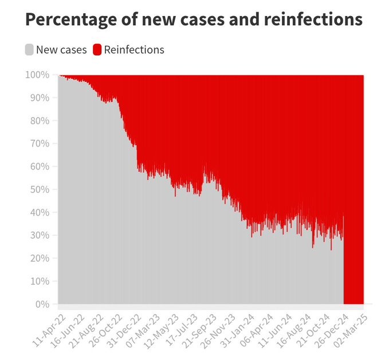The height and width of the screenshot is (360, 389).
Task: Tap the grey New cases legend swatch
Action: click(29, 50)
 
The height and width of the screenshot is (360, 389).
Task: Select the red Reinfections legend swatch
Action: click(97, 50)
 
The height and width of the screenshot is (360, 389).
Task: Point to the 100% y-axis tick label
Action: click(38, 75)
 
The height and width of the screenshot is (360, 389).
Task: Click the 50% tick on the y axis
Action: click(41, 189)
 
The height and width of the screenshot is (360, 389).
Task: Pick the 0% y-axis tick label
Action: click(43, 304)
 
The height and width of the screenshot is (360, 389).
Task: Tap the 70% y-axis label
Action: click(41, 144)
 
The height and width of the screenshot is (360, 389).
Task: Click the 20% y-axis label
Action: click(41, 258)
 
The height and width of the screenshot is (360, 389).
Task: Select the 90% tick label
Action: click(41, 98)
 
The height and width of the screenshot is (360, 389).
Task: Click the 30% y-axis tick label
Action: click(41, 235)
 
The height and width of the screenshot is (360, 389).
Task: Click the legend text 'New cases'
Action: click(61, 50)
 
